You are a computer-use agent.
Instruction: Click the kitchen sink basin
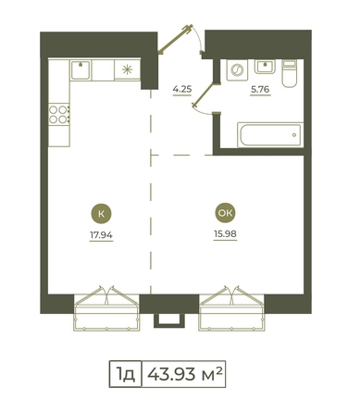click(x=81, y=70)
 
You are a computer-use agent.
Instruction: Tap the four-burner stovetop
click(x=58, y=115)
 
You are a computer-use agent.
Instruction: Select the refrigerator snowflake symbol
click(x=127, y=69)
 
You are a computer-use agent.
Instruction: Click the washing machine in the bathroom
click(x=237, y=70)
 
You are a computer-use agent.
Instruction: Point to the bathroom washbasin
click(x=265, y=67)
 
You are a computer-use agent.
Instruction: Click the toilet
click(x=290, y=73)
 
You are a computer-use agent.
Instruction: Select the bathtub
click(x=270, y=135)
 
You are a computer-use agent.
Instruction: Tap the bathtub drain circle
click(x=294, y=135)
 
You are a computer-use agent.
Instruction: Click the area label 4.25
click(x=182, y=90)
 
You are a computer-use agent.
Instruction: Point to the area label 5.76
click(x=260, y=90)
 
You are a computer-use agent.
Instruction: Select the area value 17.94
click(x=101, y=235)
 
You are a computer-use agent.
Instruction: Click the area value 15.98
click(x=225, y=234)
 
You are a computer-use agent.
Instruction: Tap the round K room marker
click(x=101, y=214)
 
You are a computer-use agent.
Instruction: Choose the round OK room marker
click(x=225, y=213)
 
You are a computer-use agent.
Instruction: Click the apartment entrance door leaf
click(x=175, y=39)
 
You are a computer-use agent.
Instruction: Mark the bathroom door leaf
click(x=204, y=94)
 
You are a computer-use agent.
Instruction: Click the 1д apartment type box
click(x=126, y=374)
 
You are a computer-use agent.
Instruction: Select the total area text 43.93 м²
click(x=184, y=374)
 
